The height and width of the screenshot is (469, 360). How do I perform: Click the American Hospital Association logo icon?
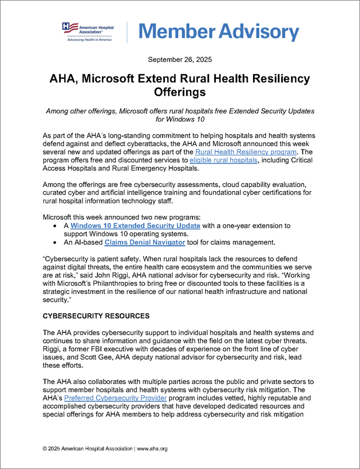click(x=67, y=27)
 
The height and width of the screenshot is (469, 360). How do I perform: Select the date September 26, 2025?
click(x=179, y=59)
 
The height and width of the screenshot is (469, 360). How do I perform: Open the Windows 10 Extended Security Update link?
click(x=136, y=225)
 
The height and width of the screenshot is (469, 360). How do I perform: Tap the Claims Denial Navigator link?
click(x=137, y=242)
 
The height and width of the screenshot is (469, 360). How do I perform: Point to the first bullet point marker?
click(x=53, y=226)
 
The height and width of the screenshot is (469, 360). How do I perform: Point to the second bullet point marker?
click(x=53, y=242)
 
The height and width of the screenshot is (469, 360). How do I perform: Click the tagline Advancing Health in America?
click(x=87, y=39)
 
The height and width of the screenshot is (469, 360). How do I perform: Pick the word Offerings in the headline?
click(x=179, y=91)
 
